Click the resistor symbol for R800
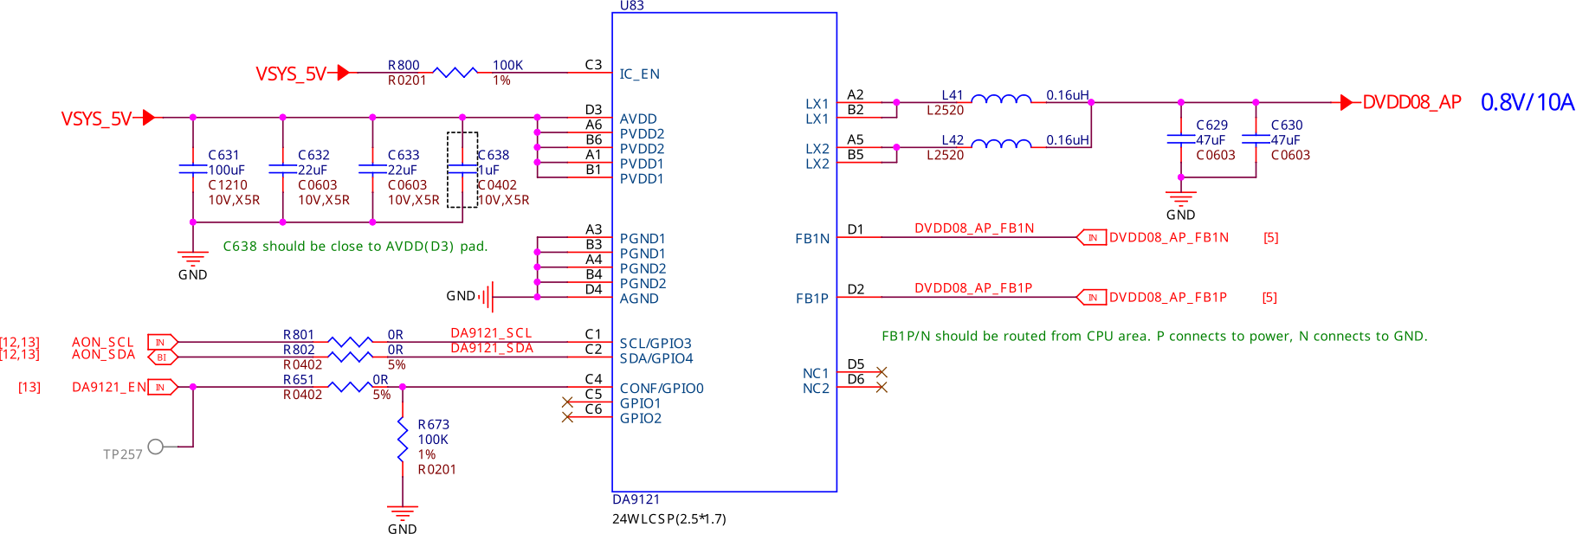[455, 73]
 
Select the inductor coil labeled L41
[1001, 100]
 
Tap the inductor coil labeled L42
[1001, 145]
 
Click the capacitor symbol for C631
[192, 169]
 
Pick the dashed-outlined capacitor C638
[462, 170]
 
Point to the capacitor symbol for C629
[1180, 138]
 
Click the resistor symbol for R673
[403, 439]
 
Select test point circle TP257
[156, 447]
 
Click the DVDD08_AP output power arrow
[1347, 102]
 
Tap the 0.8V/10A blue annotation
[1527, 102]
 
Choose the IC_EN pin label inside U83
[639, 74]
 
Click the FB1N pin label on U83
[812, 239]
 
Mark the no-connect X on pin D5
[882, 372]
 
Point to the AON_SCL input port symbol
[162, 343]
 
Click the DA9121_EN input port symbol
[162, 387]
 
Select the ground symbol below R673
[403, 511]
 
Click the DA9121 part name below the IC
[636, 499]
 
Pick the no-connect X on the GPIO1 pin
[567, 402]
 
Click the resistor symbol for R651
[352, 387]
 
